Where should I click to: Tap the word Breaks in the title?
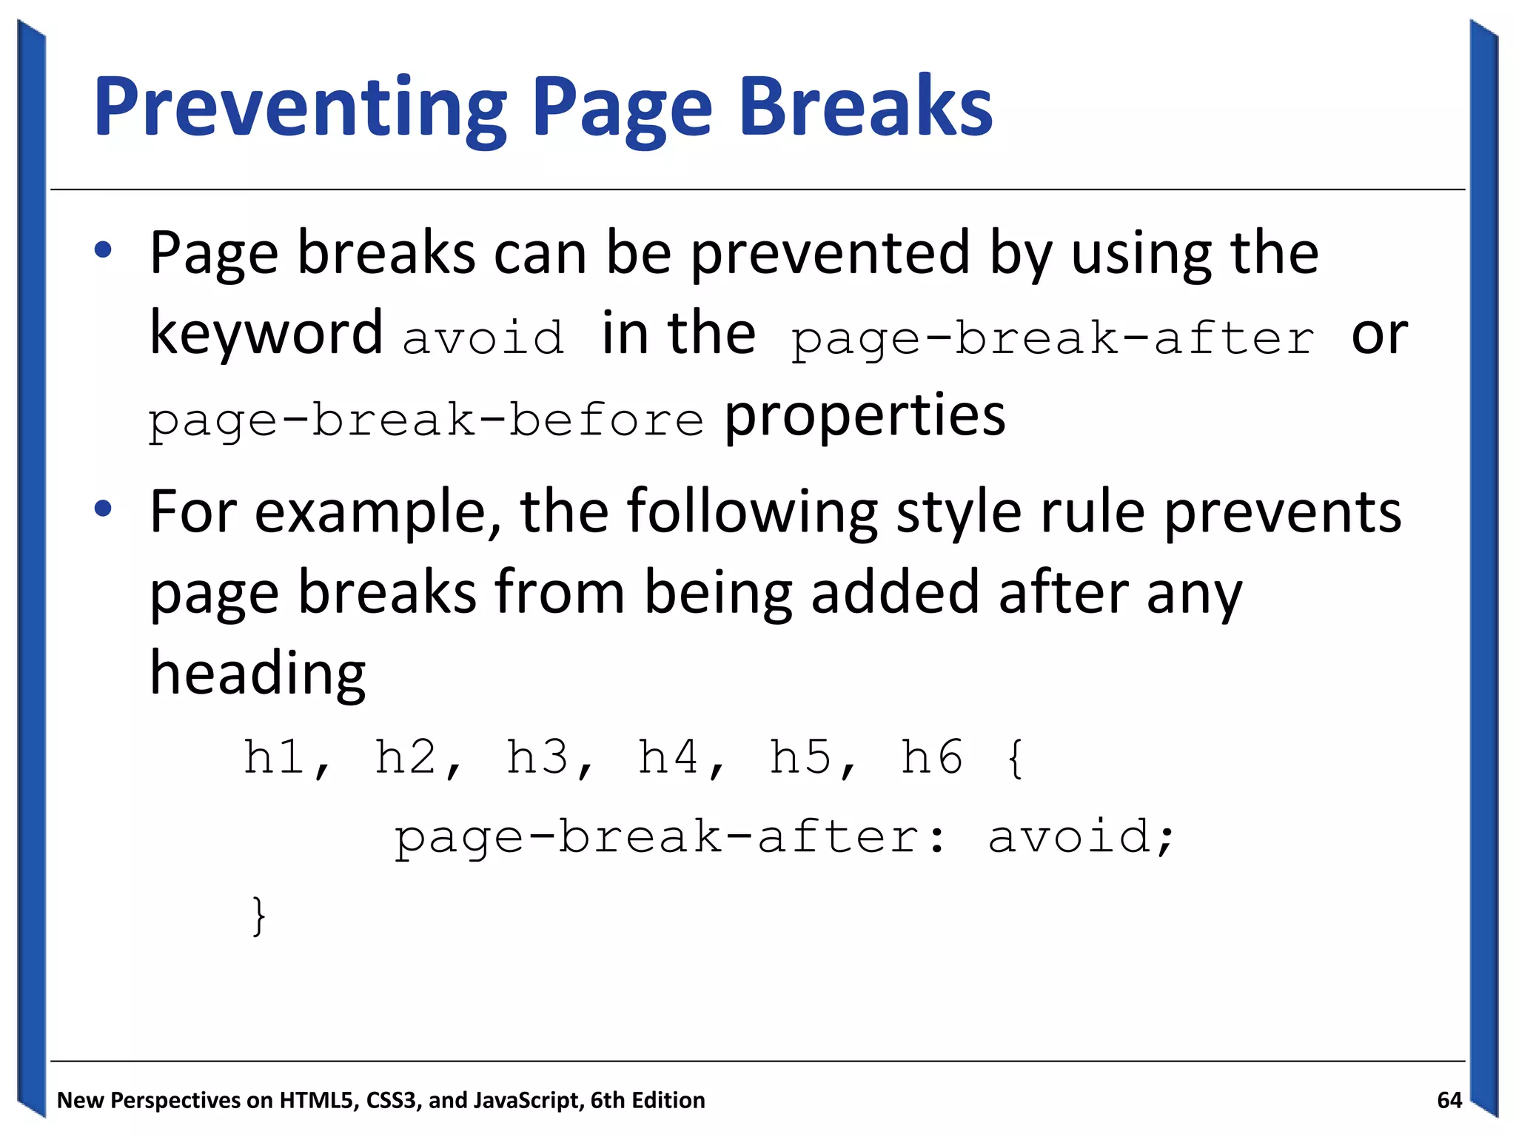click(865, 107)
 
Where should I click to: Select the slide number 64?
click(1449, 1101)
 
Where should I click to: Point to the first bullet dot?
click(103, 250)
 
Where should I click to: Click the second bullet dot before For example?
click(103, 509)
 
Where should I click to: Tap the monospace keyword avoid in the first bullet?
click(483, 338)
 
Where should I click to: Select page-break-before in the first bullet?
click(426, 420)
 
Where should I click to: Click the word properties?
click(864, 416)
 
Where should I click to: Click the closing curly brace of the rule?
click(258, 916)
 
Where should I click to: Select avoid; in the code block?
click(1080, 836)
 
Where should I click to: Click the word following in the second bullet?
click(752, 512)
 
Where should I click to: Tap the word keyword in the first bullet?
click(266, 333)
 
